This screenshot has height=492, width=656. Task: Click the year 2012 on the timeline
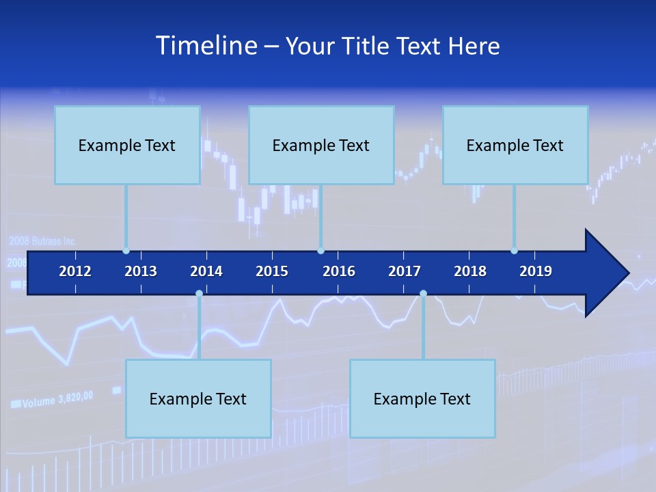(75, 271)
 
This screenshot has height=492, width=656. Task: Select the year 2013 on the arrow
(141, 271)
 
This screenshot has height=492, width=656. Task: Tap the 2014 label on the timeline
(206, 271)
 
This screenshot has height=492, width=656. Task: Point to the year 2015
(272, 271)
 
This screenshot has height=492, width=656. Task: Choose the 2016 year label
(339, 271)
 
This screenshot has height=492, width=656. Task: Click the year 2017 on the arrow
(405, 271)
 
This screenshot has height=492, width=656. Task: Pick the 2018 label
(470, 271)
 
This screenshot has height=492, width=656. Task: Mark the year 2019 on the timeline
(536, 271)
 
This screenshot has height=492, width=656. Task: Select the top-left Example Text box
(127, 145)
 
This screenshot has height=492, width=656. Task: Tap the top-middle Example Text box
(321, 145)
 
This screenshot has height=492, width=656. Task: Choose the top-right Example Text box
(515, 145)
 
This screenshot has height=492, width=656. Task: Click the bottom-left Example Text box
(198, 398)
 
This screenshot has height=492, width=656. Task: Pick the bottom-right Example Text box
(422, 398)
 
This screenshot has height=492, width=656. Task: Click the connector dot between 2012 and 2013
(126, 251)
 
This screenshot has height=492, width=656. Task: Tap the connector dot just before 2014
(199, 294)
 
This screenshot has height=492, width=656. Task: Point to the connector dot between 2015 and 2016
(320, 251)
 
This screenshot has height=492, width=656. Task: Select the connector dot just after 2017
(423, 294)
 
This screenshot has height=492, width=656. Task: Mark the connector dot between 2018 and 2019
(514, 251)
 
